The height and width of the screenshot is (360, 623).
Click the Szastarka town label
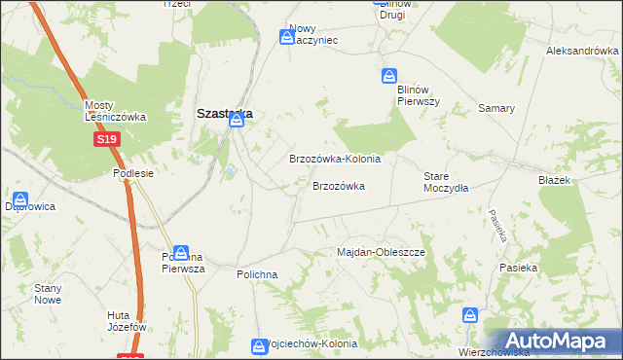click(224, 113)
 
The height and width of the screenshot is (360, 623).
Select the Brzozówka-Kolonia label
click(334, 159)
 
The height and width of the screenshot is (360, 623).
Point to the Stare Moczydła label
click(446, 182)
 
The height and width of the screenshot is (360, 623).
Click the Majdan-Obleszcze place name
click(382, 252)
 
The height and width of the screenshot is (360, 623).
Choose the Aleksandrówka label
click(582, 51)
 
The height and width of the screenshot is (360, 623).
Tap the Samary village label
click(495, 108)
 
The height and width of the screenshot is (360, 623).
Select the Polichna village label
click(257, 274)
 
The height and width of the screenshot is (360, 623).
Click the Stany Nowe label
click(48, 294)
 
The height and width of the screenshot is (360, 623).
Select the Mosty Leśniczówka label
click(115, 111)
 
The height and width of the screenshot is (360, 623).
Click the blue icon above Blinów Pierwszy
click(389, 76)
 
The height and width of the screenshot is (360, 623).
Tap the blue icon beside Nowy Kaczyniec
click(287, 37)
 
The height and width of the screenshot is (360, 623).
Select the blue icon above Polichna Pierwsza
click(181, 253)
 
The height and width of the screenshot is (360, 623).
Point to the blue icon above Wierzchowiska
click(470, 315)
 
